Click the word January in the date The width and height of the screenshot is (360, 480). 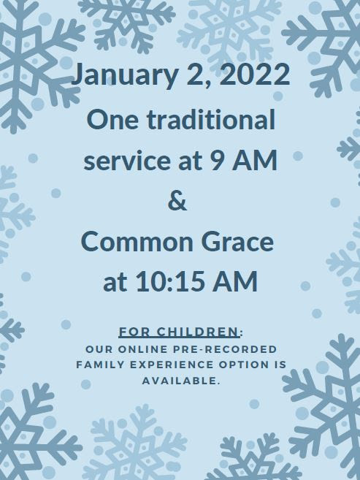pos(125,75)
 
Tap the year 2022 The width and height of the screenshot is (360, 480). pos(254,74)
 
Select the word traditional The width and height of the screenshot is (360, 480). pos(211,119)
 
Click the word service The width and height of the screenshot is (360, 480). pos(127,161)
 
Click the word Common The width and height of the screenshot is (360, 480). pos(137,242)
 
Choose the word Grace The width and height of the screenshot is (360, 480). pos(237,242)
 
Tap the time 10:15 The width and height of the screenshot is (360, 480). pos(170,281)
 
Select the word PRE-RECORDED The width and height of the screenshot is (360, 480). pos(225,349)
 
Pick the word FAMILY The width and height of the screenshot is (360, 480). pos(100,365)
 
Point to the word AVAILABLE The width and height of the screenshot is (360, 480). pos(181,381)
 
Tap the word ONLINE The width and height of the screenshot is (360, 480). pos(143,349)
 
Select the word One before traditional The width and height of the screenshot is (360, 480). pos(112,120)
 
